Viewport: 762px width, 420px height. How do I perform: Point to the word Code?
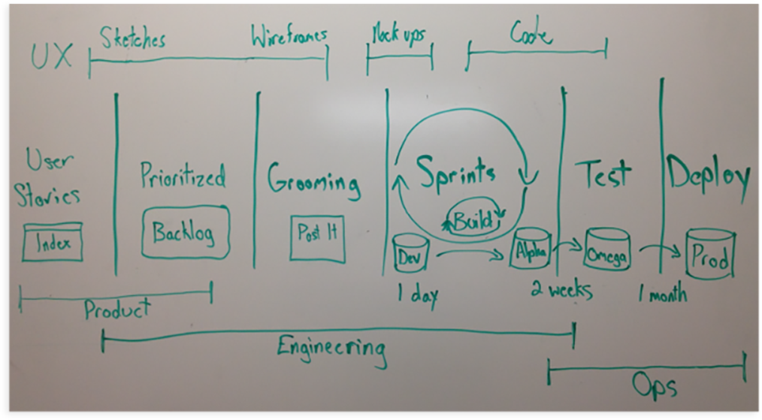[x=531, y=33]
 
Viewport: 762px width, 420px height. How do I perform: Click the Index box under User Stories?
[x=53, y=242]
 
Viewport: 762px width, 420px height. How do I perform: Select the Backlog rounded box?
[x=184, y=232]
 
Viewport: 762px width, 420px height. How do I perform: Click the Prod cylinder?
[x=709, y=257]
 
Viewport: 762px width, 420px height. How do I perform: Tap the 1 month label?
[x=662, y=293]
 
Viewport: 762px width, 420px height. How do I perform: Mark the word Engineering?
[x=331, y=349]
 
